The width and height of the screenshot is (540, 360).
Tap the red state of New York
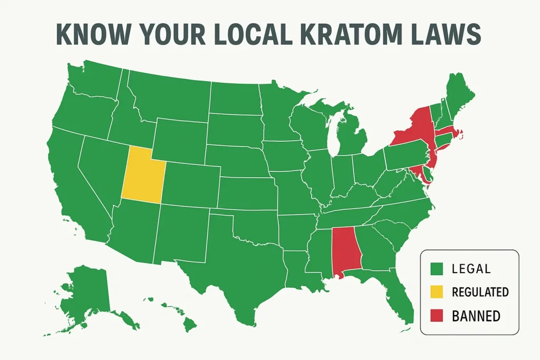[x=417, y=129]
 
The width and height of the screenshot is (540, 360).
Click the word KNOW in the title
[x=91, y=35]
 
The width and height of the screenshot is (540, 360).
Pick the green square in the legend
[x=436, y=269]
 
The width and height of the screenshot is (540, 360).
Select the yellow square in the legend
[x=436, y=292]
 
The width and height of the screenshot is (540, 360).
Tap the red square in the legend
[x=436, y=316]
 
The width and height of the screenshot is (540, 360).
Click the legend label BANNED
[x=476, y=316]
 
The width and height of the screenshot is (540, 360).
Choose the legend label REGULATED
[x=480, y=293]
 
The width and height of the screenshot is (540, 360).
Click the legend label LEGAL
[x=471, y=269]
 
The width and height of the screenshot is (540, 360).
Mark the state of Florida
[x=401, y=293]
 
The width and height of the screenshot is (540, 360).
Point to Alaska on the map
[x=84, y=295]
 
